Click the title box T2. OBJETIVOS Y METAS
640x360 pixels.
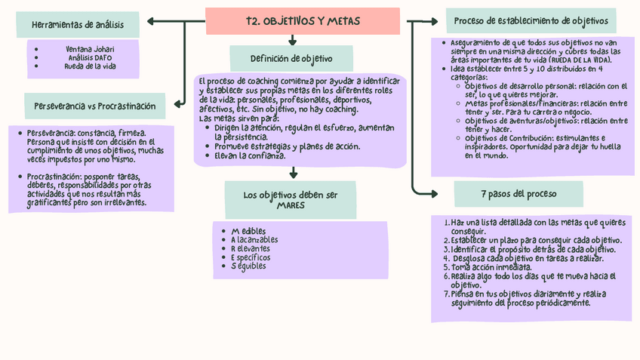[x=303, y=20]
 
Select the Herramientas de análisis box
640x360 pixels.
[x=78, y=26]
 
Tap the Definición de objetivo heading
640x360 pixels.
[x=291, y=58]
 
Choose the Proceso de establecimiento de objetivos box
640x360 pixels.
[x=531, y=20]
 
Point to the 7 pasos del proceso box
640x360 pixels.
[x=519, y=194]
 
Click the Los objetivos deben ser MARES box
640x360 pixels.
[x=291, y=200]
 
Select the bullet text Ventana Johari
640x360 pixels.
[x=89, y=49]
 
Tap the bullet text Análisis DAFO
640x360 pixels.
[x=90, y=57]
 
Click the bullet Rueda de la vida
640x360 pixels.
[x=90, y=66]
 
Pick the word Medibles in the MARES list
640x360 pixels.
[x=249, y=230]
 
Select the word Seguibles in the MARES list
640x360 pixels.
[x=248, y=266]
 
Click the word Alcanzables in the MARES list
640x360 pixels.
[x=254, y=239]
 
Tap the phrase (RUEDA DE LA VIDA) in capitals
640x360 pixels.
[x=579, y=59]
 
